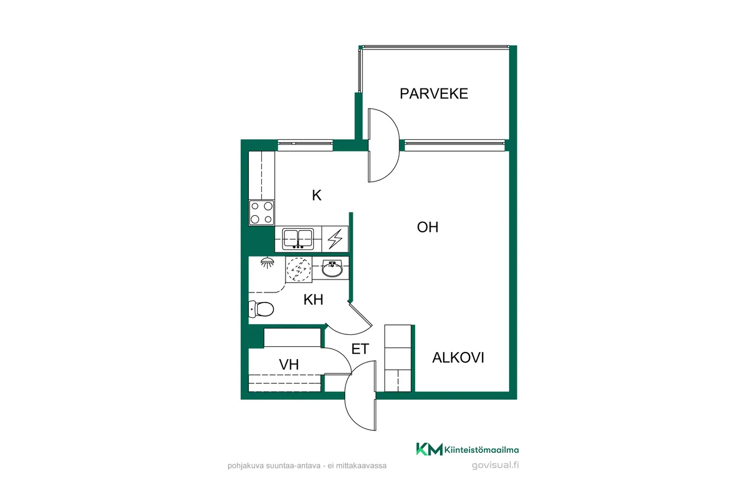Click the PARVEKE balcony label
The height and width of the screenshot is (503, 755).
coord(434,94)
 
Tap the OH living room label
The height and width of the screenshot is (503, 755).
coord(428,228)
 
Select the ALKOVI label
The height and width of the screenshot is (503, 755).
coord(458,357)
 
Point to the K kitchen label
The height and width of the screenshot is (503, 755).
coord(317,195)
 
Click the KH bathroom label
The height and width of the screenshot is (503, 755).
coord(313,300)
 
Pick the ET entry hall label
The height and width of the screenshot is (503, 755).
coord(360,349)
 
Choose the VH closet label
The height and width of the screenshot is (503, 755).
coord(289,364)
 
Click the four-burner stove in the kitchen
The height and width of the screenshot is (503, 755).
coord(261,213)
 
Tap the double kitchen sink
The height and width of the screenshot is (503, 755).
coord(298,239)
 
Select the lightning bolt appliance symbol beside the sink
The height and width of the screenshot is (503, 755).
coord(335,239)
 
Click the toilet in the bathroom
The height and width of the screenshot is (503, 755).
coord(261,309)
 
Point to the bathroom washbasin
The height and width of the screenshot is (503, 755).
coord(332,268)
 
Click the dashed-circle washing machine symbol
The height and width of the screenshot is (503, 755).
coord(298,269)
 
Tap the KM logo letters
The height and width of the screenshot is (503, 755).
coord(429,449)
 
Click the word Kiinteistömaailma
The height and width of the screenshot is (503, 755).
coord(482,450)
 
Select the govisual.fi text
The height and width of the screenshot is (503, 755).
coord(495,465)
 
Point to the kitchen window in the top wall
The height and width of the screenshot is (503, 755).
coord(306,145)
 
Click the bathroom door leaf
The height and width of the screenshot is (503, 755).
coord(360,315)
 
